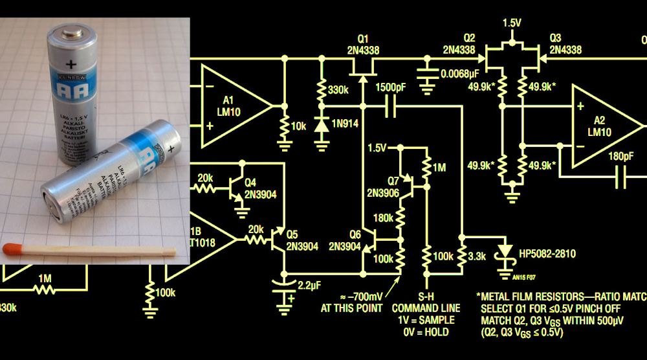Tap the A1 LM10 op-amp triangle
pos(233,104)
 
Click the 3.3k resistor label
pos(477,256)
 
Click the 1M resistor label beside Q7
pos(439,168)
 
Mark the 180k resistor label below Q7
pos(384,219)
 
